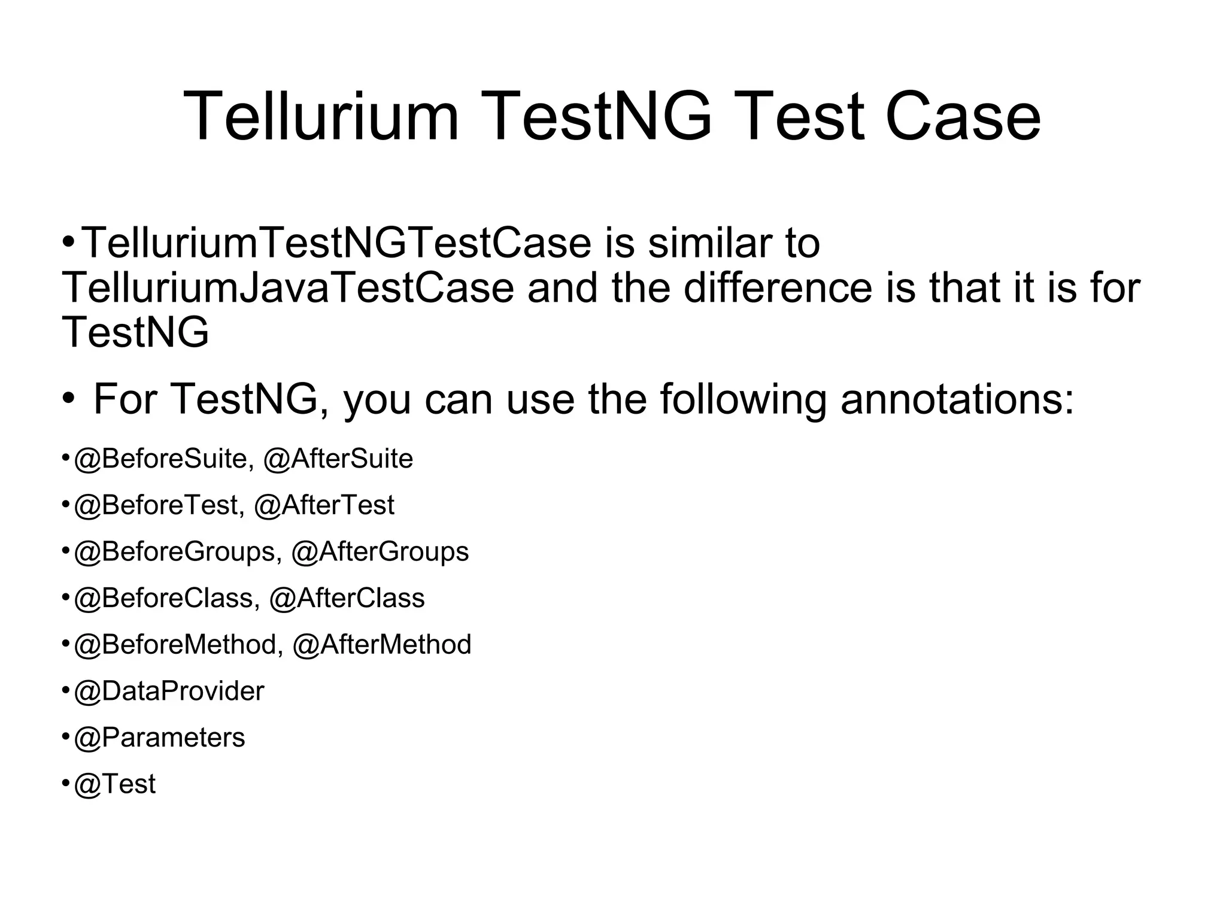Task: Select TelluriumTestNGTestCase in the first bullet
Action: (x=336, y=243)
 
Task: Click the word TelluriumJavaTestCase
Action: (x=288, y=288)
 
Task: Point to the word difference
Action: (x=778, y=288)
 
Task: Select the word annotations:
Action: (x=957, y=399)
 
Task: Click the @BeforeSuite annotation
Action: (x=160, y=459)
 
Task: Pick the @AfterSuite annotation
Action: (x=338, y=459)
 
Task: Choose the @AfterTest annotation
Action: (x=324, y=505)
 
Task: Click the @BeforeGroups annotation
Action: (x=177, y=552)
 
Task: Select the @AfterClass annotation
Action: (x=347, y=598)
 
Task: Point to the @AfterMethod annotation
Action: (x=382, y=645)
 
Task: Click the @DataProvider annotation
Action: (x=169, y=691)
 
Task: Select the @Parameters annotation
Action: (x=159, y=738)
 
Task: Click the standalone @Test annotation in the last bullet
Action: (x=114, y=784)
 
